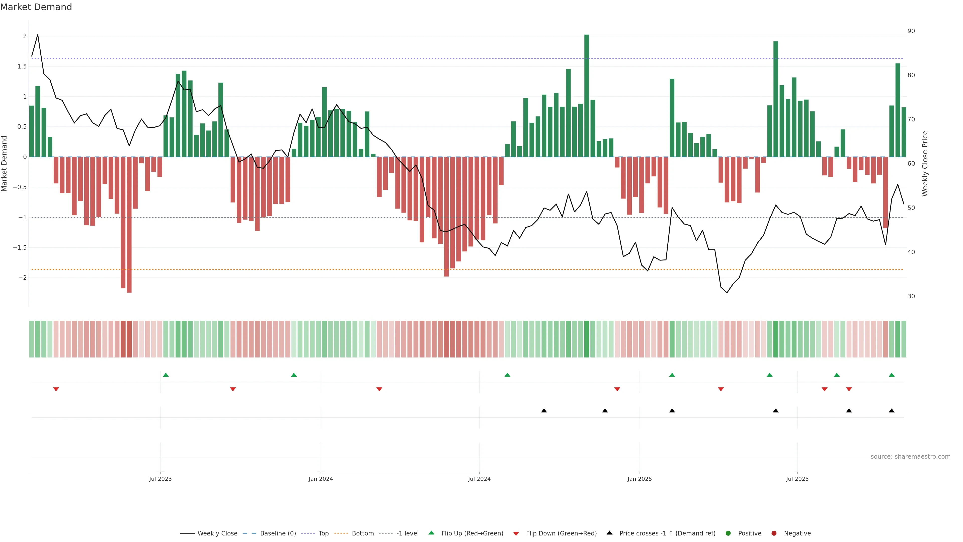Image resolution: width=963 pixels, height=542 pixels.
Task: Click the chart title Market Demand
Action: point(36,7)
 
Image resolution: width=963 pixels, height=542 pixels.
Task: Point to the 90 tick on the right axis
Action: point(911,31)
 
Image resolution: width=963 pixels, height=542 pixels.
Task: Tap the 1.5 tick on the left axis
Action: point(22,66)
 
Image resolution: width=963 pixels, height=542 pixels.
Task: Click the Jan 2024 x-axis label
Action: point(320,479)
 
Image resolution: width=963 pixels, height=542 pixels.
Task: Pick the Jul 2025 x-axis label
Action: point(797,479)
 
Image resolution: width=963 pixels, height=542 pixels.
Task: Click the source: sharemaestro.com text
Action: point(910,457)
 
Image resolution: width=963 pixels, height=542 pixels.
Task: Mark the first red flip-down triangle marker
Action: point(56,389)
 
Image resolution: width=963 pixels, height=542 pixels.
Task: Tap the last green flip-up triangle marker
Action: point(892,375)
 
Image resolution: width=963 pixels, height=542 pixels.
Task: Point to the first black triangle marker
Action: point(544,411)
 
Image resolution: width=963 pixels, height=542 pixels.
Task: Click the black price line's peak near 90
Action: point(37,35)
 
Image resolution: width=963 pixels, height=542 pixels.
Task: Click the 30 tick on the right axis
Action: point(911,296)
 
